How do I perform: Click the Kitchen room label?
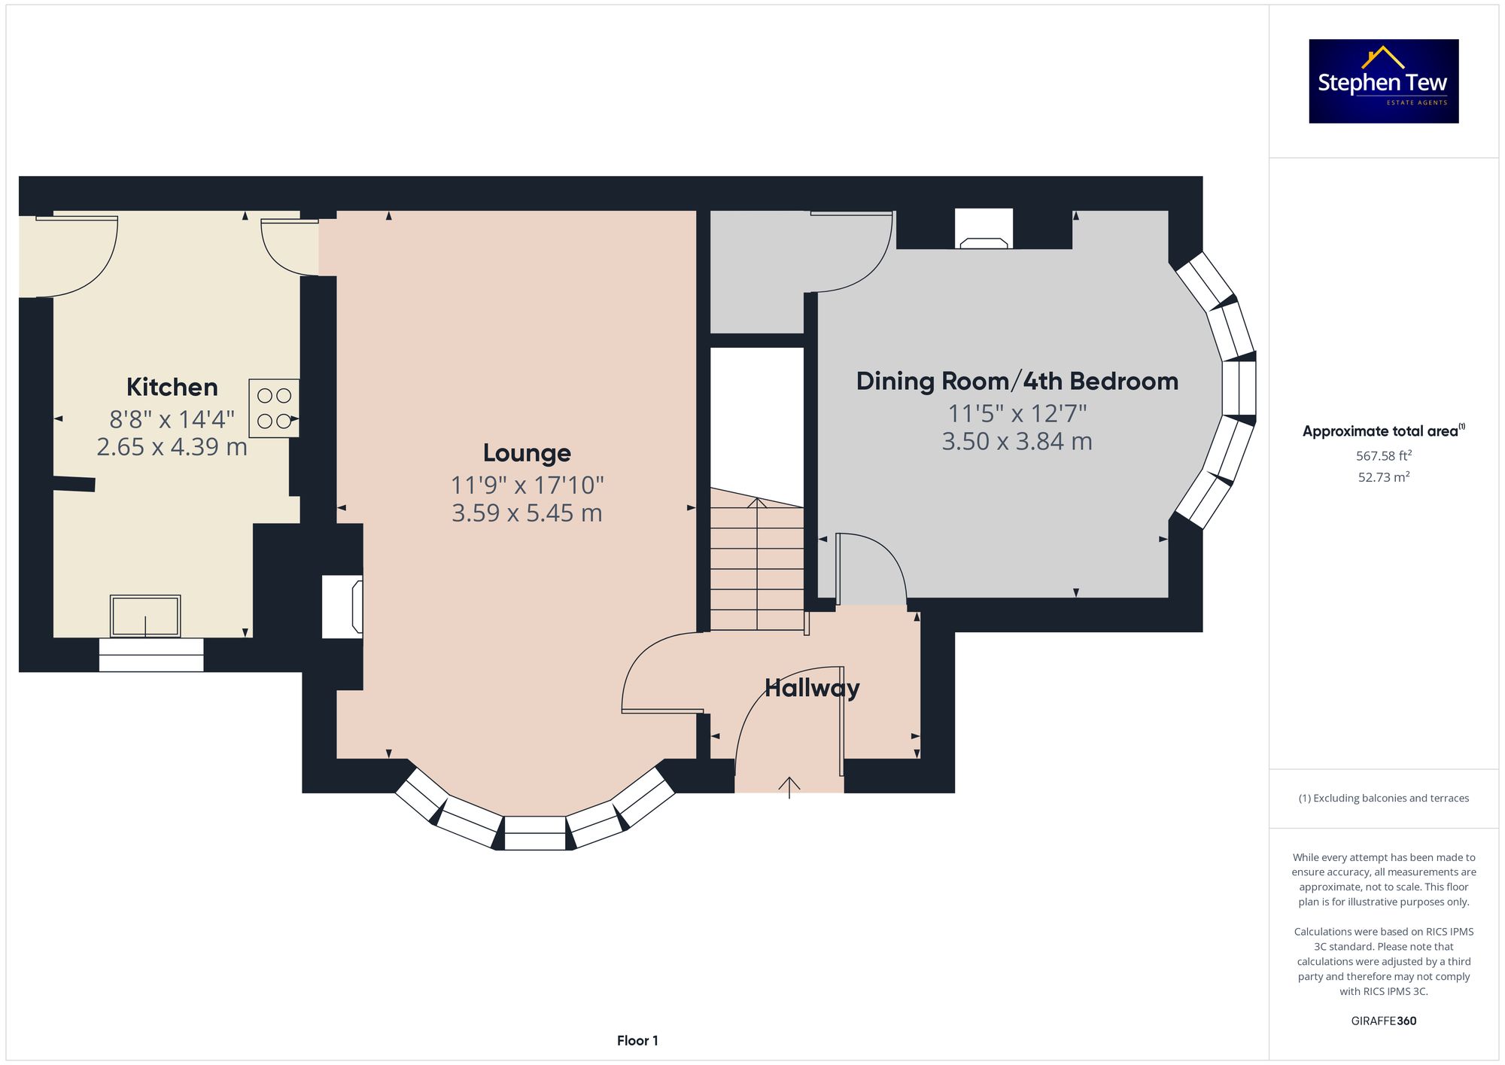(x=172, y=387)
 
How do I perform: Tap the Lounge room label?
(x=527, y=453)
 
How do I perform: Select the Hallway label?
(x=812, y=688)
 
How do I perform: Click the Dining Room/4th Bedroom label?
(x=1017, y=381)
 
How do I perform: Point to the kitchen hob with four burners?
(x=274, y=408)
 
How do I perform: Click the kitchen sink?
(x=145, y=616)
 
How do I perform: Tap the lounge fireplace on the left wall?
(x=342, y=607)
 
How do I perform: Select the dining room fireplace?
(x=984, y=229)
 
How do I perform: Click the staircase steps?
(x=757, y=560)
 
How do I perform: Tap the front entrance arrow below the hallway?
(x=789, y=787)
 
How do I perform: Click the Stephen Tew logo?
(x=1383, y=81)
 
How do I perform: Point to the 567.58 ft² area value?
(x=1383, y=455)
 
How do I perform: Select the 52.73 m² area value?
(x=1383, y=477)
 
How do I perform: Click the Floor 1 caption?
(x=637, y=1041)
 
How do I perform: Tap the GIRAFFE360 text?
(x=1383, y=1021)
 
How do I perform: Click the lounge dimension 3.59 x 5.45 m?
(x=527, y=513)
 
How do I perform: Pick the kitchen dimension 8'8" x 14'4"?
(x=172, y=418)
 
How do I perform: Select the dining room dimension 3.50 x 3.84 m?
(x=1017, y=441)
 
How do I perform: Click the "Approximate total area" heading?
(x=1383, y=431)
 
